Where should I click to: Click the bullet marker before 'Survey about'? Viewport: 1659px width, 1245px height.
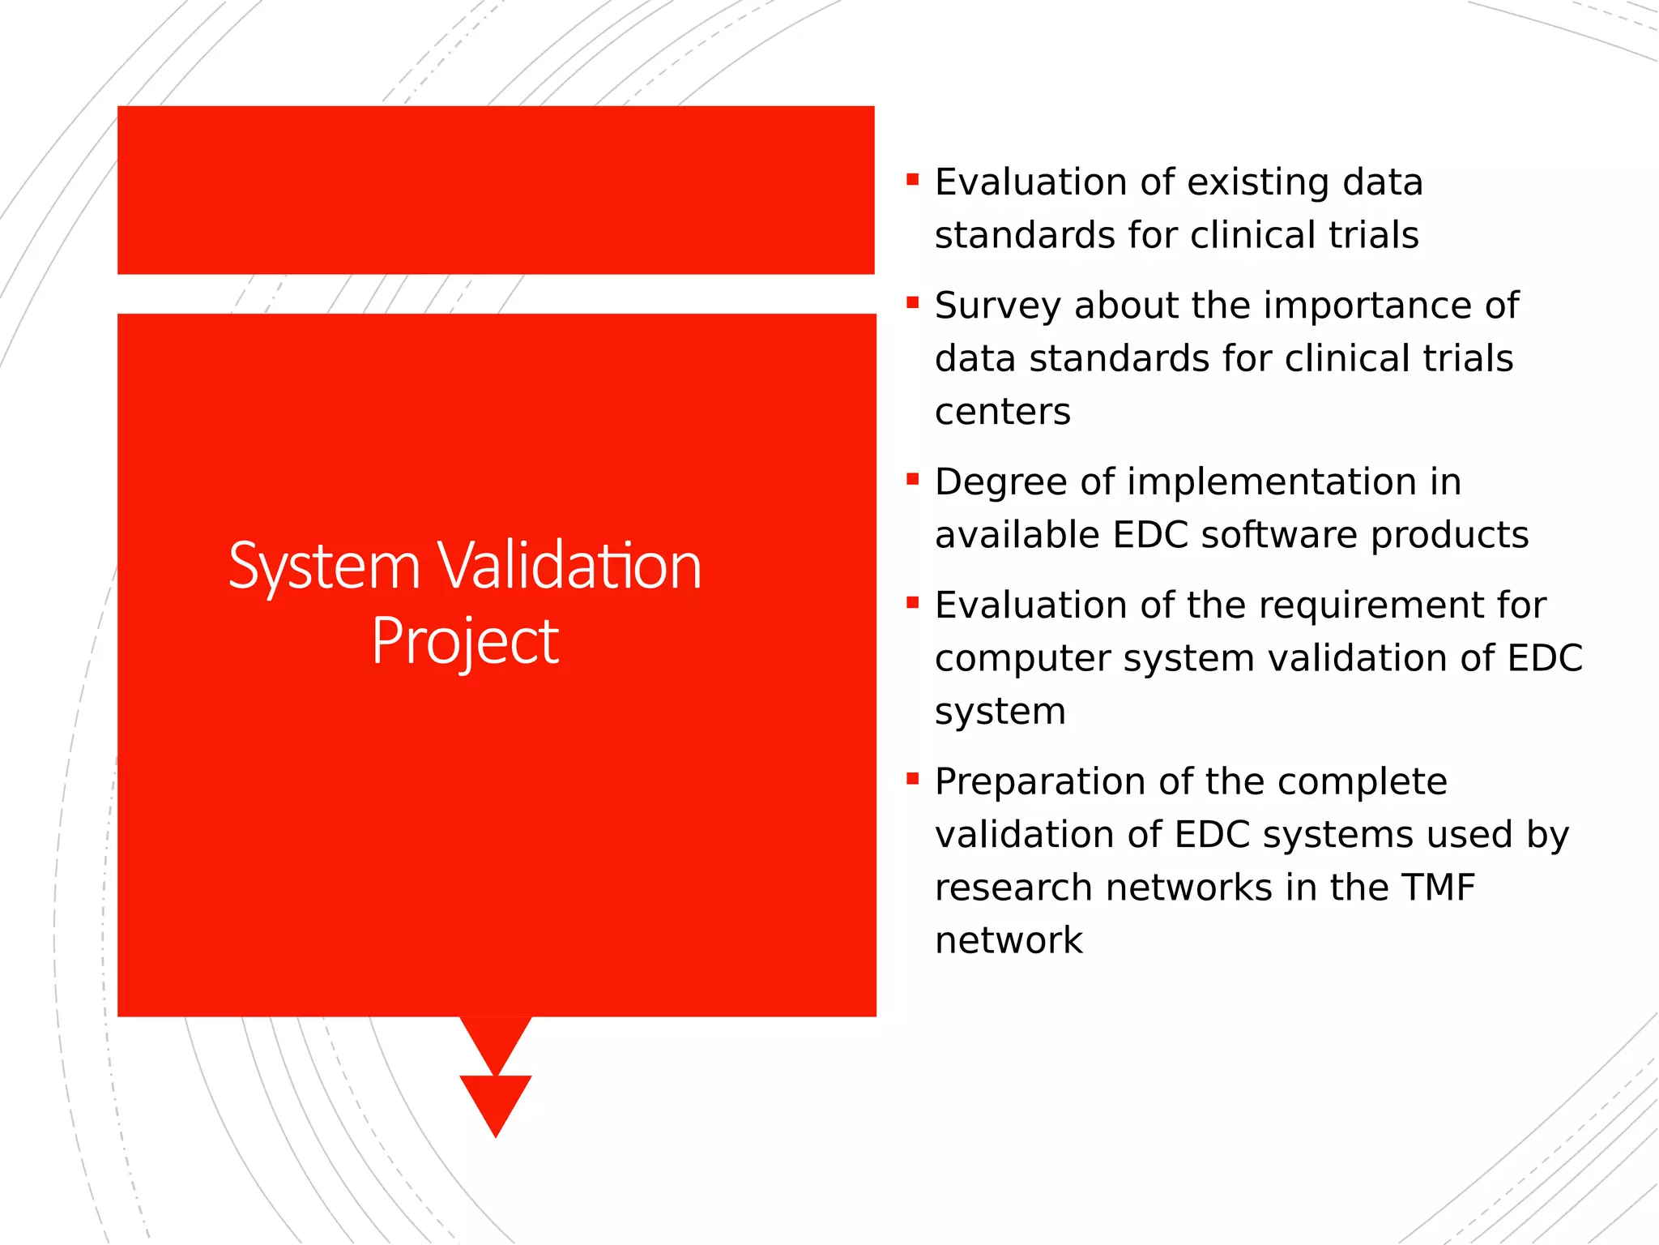coord(913,303)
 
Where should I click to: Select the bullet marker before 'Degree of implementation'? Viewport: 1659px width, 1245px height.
coord(913,479)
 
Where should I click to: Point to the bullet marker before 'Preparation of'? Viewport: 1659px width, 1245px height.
coord(913,779)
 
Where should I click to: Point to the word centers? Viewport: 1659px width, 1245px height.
coord(1002,413)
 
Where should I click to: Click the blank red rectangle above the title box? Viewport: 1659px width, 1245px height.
coord(496,190)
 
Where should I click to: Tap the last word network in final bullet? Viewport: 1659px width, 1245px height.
coord(1009,941)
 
